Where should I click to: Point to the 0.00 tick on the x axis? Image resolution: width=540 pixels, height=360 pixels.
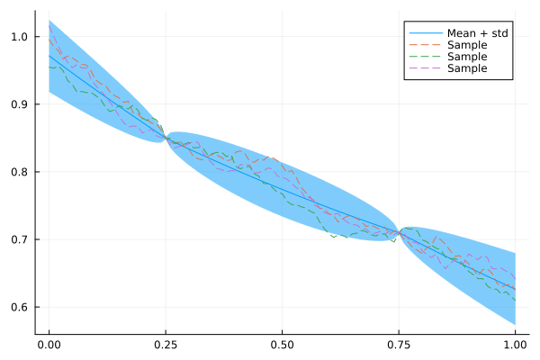click(49, 344)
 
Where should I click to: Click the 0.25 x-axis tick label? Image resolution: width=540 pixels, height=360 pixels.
click(166, 344)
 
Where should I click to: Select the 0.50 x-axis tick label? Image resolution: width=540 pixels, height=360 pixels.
click(282, 344)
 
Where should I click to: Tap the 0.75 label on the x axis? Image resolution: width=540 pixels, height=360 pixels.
click(399, 344)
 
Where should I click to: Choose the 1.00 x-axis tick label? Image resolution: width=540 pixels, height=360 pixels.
click(515, 344)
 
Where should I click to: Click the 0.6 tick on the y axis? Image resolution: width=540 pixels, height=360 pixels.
click(20, 307)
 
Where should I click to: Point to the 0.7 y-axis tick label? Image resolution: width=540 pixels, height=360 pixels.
click(20, 239)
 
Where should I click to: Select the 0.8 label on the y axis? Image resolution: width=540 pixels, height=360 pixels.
click(20, 172)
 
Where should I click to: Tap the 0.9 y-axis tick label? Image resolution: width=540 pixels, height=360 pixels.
click(20, 104)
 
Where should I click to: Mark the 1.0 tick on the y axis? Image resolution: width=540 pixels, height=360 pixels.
click(20, 37)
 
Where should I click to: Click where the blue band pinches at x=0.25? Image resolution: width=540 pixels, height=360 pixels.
click(166, 138)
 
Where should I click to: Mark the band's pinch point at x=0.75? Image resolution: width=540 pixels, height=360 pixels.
click(399, 233)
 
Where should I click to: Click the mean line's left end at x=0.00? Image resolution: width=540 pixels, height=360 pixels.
click(49, 56)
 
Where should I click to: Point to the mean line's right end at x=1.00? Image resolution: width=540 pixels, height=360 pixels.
click(515, 289)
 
